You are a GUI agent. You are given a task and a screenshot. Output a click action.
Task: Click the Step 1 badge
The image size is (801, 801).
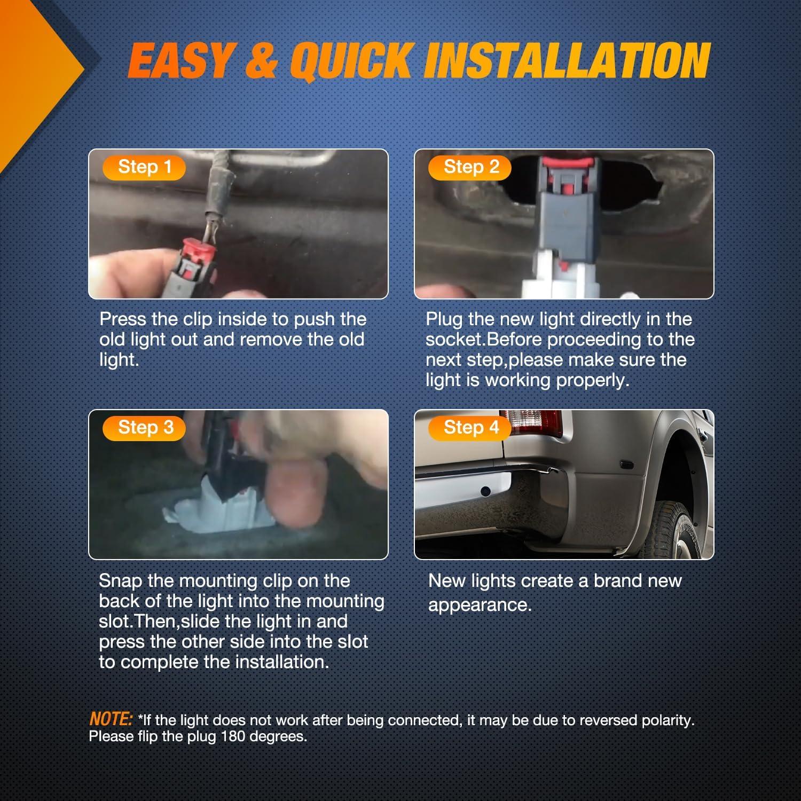tap(144, 167)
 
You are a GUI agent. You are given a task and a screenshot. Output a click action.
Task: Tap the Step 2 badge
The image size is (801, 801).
tap(470, 167)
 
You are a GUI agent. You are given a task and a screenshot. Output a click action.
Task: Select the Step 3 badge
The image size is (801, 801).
tap(144, 428)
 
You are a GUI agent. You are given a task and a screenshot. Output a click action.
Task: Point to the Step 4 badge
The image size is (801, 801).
tap(470, 428)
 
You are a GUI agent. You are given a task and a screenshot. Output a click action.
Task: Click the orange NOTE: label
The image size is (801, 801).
tap(111, 719)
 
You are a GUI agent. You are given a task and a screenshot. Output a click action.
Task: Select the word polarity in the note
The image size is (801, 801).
tap(667, 720)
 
